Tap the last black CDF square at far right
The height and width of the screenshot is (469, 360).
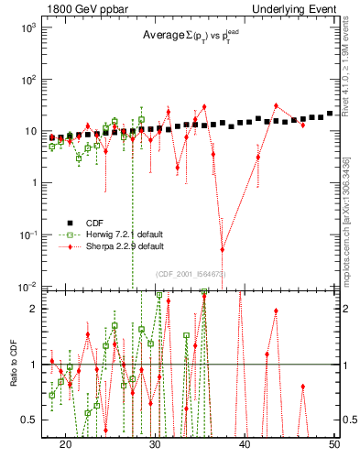330,114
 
